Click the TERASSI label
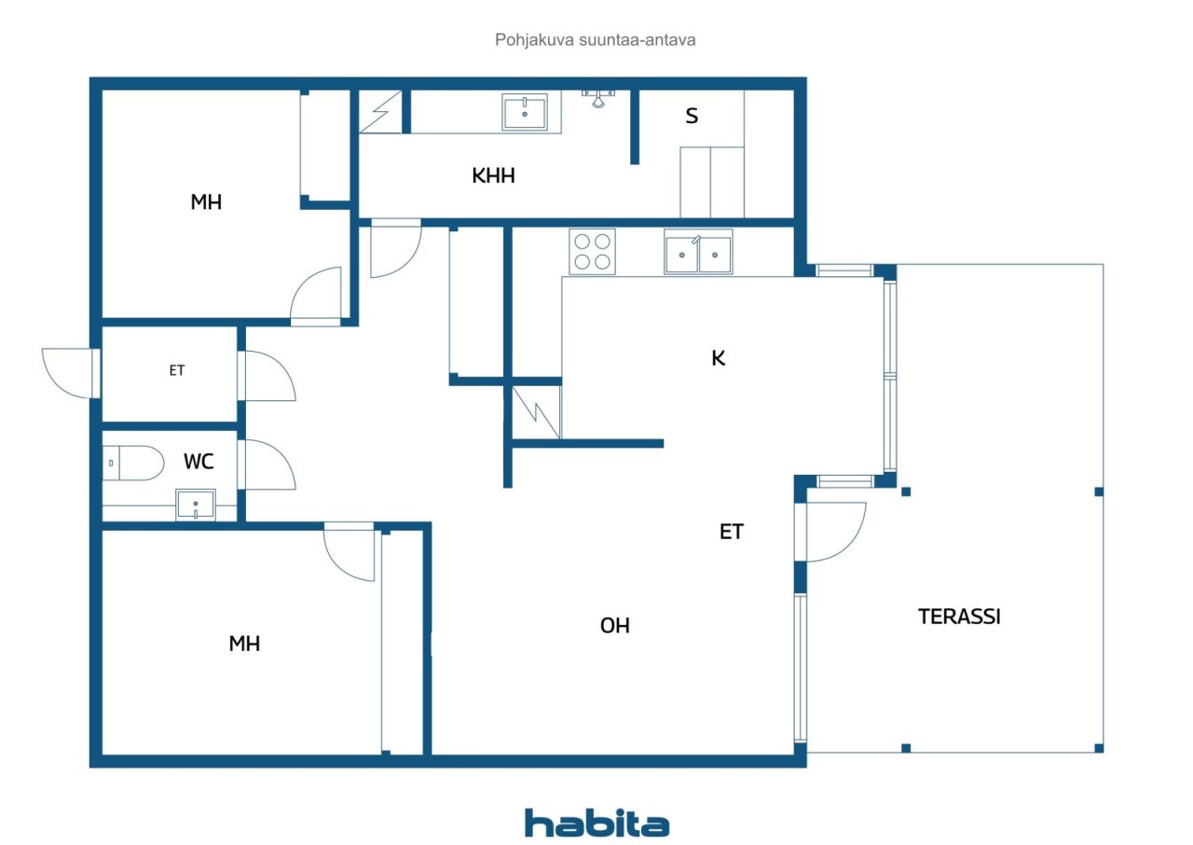point(959,616)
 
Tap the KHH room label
point(493,176)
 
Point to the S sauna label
point(692,116)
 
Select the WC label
point(199,462)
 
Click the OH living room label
point(614,626)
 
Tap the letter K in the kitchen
point(718,358)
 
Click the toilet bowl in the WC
point(133,463)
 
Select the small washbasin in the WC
point(196,505)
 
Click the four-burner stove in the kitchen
point(592,252)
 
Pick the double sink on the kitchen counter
point(698,252)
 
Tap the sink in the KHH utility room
point(525,112)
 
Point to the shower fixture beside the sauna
point(598,99)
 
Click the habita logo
point(596,824)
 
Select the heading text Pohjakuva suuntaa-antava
point(595,40)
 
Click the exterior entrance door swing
point(69,373)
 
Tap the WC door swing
point(267,464)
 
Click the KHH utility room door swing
point(396,248)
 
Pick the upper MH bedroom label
point(206,202)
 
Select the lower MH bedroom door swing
point(349,552)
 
